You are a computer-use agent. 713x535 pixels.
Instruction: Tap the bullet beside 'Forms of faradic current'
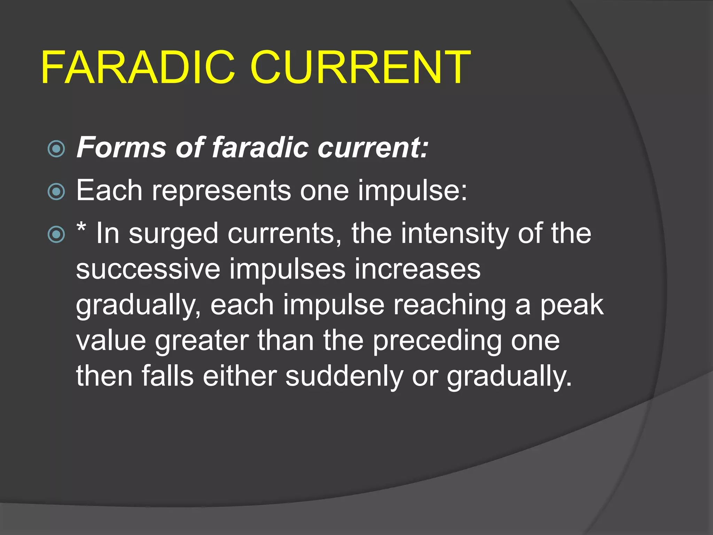(56, 149)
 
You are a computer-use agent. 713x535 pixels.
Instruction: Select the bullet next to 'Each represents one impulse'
(56, 192)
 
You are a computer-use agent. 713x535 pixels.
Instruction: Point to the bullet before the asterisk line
(56, 234)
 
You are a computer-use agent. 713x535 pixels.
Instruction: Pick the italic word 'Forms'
(121, 147)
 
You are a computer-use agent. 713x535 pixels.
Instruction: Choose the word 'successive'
(148, 269)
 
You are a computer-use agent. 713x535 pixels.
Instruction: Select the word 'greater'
(202, 341)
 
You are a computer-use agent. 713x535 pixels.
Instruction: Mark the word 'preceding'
(437, 341)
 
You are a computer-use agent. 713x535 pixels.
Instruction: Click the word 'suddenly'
(344, 376)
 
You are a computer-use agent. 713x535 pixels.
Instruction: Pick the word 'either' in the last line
(240, 376)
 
